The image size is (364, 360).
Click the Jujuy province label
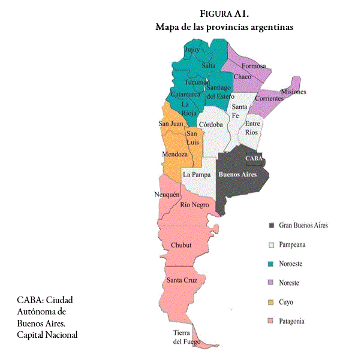(192, 50)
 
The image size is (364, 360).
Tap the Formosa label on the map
(254, 66)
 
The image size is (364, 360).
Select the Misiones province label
(293, 92)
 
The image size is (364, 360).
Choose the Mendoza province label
(175, 155)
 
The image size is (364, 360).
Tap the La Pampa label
(197, 174)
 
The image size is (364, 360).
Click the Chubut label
(181, 245)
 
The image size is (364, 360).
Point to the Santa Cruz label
(183, 280)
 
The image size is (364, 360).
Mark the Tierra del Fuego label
(185, 337)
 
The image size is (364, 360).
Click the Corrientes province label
(269, 98)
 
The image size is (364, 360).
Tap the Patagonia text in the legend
(291, 321)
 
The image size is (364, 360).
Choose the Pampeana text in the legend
(292, 245)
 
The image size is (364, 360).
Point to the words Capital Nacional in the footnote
(47, 334)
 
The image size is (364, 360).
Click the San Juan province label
(170, 123)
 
